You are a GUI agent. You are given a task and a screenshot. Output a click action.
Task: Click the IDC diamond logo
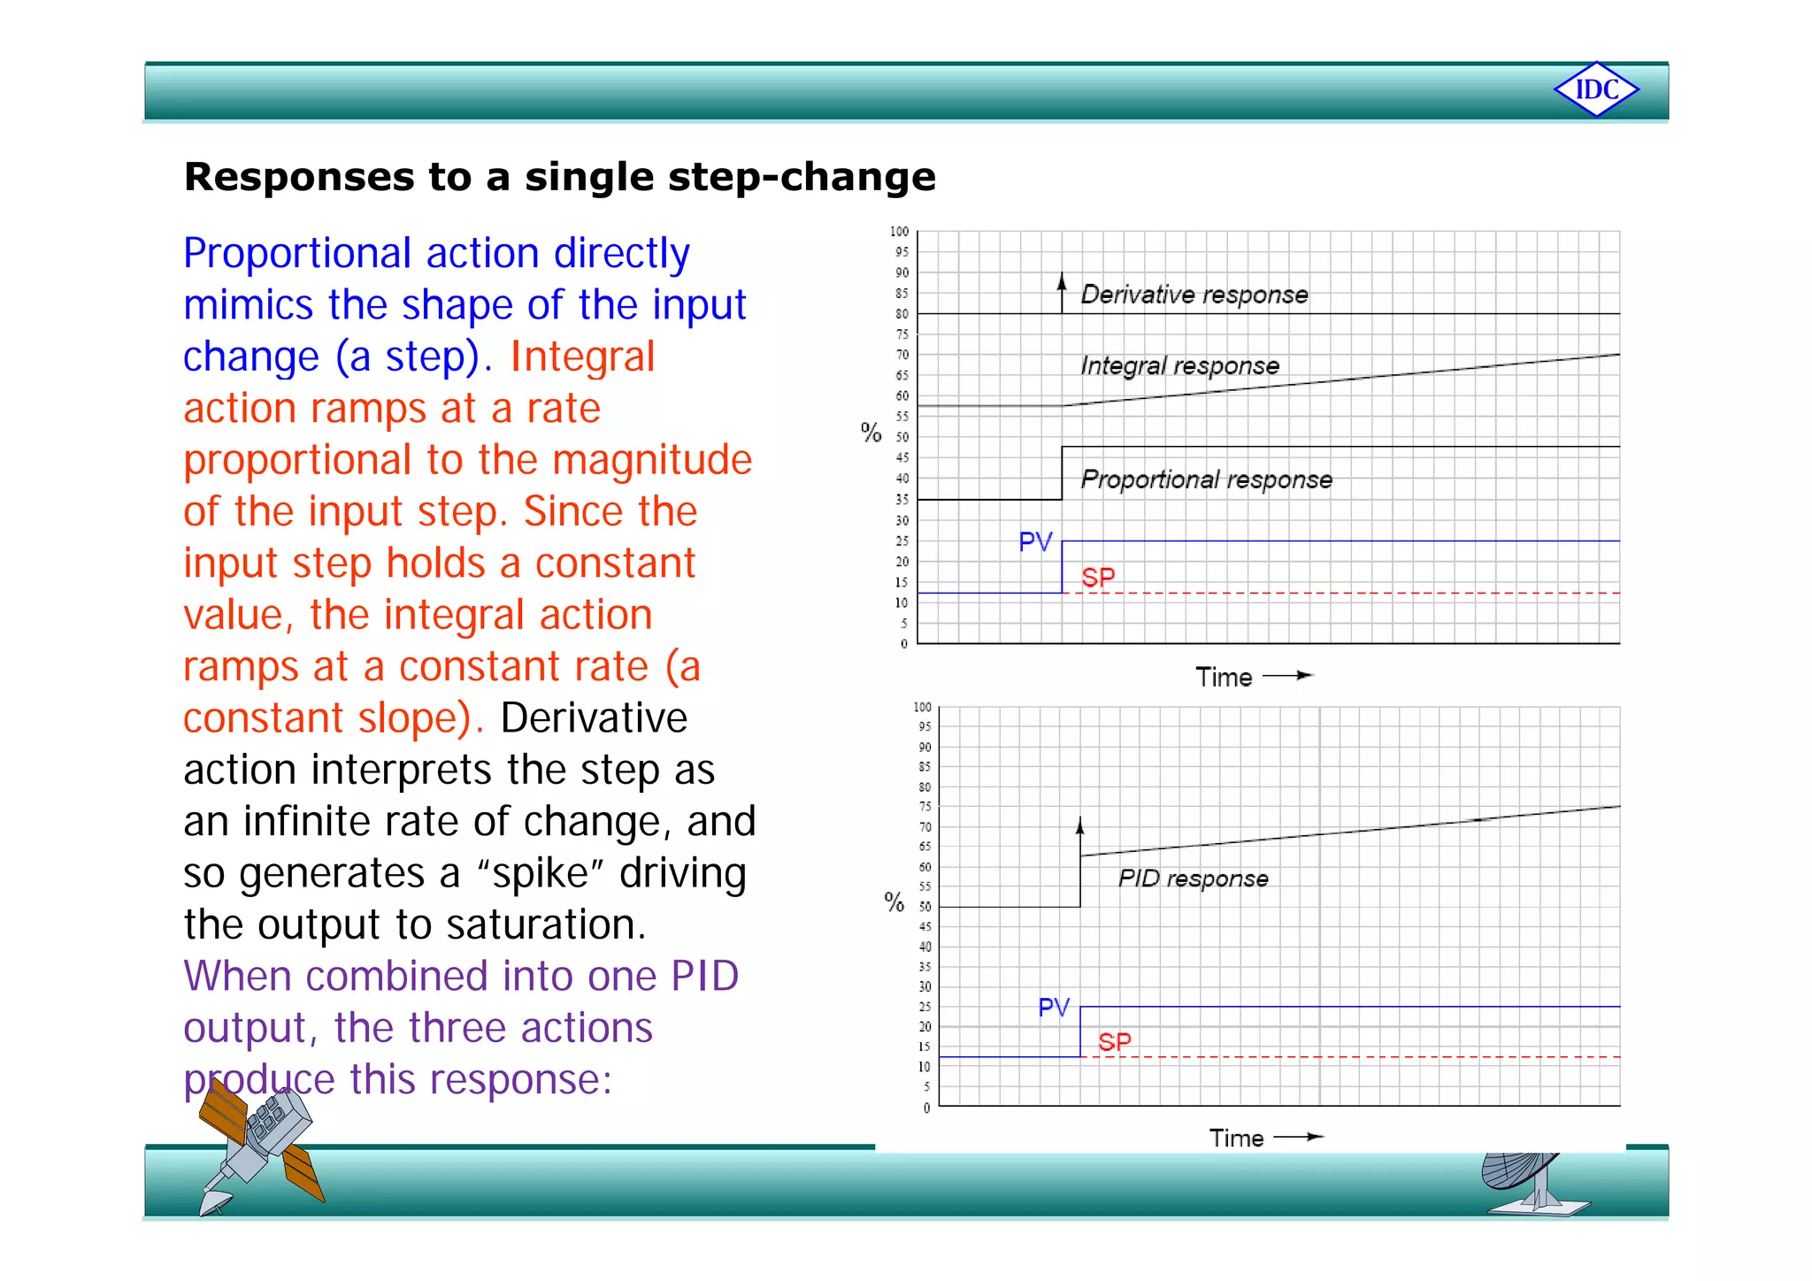pyautogui.click(x=1596, y=89)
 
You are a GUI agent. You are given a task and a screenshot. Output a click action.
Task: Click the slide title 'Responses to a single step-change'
pyautogui.click(x=559, y=177)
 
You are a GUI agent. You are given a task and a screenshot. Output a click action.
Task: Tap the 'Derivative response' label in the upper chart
pyautogui.click(x=1194, y=295)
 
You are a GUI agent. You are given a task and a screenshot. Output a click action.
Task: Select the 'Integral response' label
pyautogui.click(x=1179, y=365)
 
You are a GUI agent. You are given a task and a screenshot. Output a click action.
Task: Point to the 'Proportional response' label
pyautogui.click(x=1206, y=479)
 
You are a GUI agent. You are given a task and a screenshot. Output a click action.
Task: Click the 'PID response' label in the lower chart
pyautogui.click(x=1193, y=878)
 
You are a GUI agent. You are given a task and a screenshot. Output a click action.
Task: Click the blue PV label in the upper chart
pyautogui.click(x=1035, y=541)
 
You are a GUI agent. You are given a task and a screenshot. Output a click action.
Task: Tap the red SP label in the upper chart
pyautogui.click(x=1098, y=578)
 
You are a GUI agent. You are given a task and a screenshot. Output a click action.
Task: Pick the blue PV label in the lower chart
pyautogui.click(x=1054, y=1007)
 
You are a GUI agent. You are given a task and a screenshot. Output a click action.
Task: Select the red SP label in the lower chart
pyautogui.click(x=1115, y=1041)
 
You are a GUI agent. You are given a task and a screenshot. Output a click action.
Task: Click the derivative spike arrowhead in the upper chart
pyautogui.click(x=1062, y=280)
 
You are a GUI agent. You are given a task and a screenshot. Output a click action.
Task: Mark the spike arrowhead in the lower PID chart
pyautogui.click(x=1079, y=825)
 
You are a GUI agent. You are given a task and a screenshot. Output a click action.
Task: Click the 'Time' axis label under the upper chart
pyautogui.click(x=1224, y=678)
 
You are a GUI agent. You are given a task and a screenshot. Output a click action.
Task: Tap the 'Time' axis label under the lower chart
pyautogui.click(x=1236, y=1139)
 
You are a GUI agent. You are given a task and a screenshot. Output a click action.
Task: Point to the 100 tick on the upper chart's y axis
pyautogui.click(x=899, y=232)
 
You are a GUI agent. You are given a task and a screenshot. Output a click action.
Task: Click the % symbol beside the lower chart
pyautogui.click(x=894, y=901)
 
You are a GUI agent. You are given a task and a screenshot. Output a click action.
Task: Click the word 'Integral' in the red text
pyautogui.click(x=582, y=357)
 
